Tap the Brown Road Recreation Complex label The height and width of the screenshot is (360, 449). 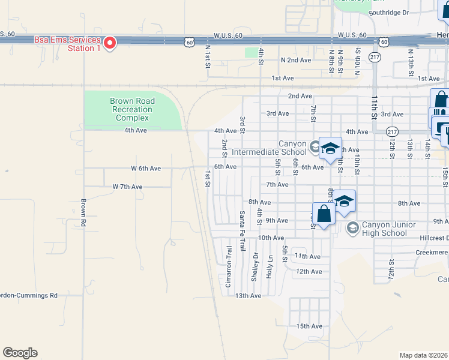[x=132, y=110]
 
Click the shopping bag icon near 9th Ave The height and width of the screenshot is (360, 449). [x=324, y=214]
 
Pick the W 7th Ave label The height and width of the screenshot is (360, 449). [x=127, y=187]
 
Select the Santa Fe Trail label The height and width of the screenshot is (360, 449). [x=243, y=231]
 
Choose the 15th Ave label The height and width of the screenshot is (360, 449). [x=310, y=326]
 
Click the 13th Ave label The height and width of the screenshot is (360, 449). [x=248, y=296]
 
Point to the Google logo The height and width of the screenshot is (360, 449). [x=20, y=353]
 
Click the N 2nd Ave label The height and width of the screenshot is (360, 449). [x=296, y=61]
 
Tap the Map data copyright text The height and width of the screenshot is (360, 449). [x=423, y=355]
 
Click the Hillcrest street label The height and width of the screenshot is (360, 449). [x=432, y=238]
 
